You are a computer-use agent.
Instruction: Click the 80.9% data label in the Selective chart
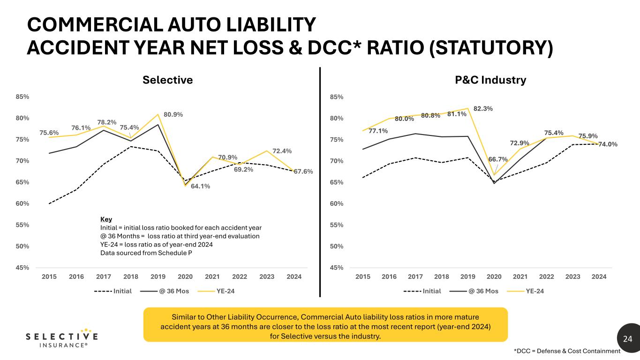[173, 114]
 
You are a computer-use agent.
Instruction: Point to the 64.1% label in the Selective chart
[200, 186]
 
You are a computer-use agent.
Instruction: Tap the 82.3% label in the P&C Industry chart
[483, 108]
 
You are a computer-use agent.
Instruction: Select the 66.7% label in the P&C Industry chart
[498, 159]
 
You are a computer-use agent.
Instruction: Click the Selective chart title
[167, 80]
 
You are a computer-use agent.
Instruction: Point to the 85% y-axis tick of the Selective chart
[23, 97]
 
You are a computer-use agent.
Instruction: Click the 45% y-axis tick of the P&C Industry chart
[337, 268]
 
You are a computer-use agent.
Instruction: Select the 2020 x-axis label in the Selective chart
[185, 277]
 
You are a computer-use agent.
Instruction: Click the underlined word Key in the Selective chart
[106, 219]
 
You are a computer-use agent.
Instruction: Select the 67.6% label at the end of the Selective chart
[303, 172]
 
